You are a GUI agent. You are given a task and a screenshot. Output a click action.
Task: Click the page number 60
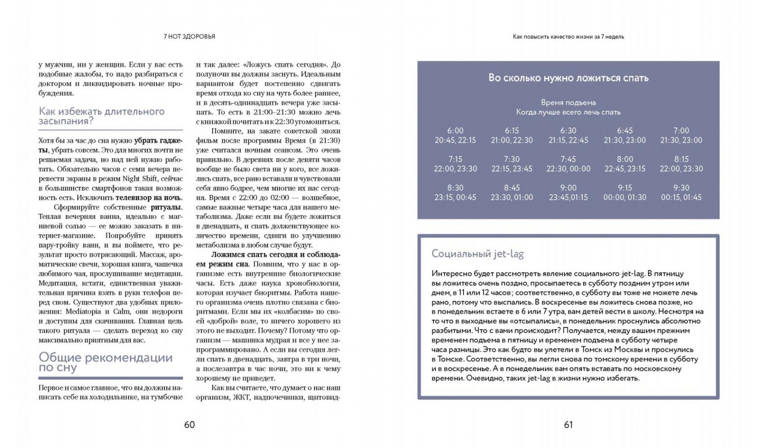189,425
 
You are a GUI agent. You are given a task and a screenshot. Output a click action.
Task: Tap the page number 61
568,425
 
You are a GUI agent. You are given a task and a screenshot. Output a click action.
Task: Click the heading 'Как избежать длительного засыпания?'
102,116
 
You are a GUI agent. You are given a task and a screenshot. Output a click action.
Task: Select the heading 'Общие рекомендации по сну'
105,362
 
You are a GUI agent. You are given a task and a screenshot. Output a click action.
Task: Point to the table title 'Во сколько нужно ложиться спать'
568,78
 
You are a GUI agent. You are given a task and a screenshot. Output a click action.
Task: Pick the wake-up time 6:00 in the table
455,131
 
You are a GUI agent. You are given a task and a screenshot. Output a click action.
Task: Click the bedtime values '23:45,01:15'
568,198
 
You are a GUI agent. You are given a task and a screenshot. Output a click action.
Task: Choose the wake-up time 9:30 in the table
681,188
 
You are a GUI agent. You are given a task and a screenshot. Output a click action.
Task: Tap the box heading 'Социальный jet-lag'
477,254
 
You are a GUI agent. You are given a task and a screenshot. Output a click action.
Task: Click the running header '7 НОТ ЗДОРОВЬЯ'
189,37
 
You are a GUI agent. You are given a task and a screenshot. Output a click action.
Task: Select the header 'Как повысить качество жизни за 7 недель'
568,37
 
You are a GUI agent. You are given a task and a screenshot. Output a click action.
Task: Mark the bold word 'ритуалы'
166,207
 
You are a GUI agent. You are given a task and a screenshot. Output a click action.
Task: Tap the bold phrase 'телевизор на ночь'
148,198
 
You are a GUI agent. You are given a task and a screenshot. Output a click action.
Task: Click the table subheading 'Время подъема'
568,103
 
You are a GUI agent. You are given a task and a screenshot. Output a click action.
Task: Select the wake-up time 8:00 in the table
624,159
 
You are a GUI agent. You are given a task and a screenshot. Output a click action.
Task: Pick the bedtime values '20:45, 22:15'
455,140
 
